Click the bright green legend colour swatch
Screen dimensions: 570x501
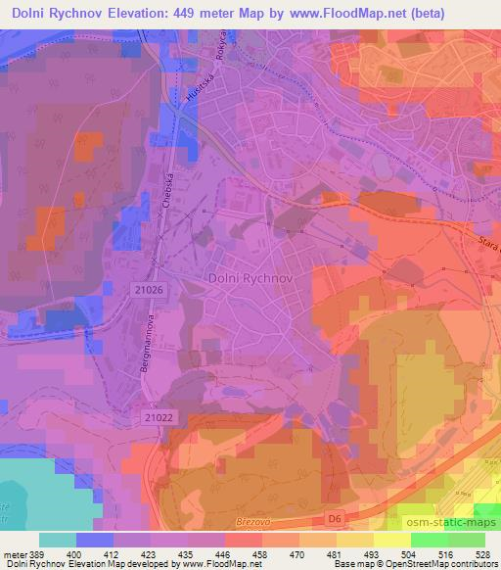click(431, 540)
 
